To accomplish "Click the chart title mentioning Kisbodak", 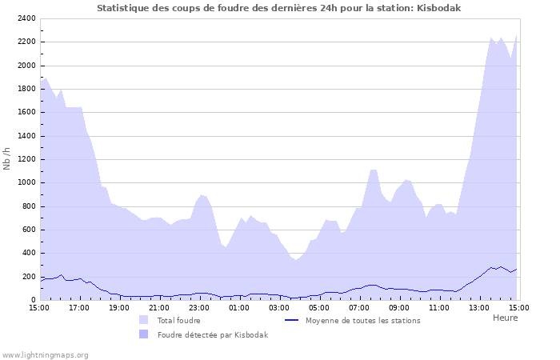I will (278, 8).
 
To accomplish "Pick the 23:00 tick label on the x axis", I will (199, 307).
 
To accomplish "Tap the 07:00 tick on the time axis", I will (359, 307).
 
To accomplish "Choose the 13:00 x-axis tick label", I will (479, 307).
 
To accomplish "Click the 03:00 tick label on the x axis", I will (279, 307).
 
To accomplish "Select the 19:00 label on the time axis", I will (119, 307).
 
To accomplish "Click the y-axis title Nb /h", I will (7, 158).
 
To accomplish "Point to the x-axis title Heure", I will (505, 318).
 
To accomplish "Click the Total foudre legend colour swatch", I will (143, 320).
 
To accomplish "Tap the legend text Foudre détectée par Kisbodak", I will (212, 334).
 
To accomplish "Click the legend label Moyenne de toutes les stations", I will (362, 320).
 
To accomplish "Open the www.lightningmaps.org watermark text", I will (46, 354).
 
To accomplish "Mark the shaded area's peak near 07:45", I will (374, 170).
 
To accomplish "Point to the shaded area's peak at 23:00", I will (202, 194).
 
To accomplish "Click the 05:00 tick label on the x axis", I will (319, 307).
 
